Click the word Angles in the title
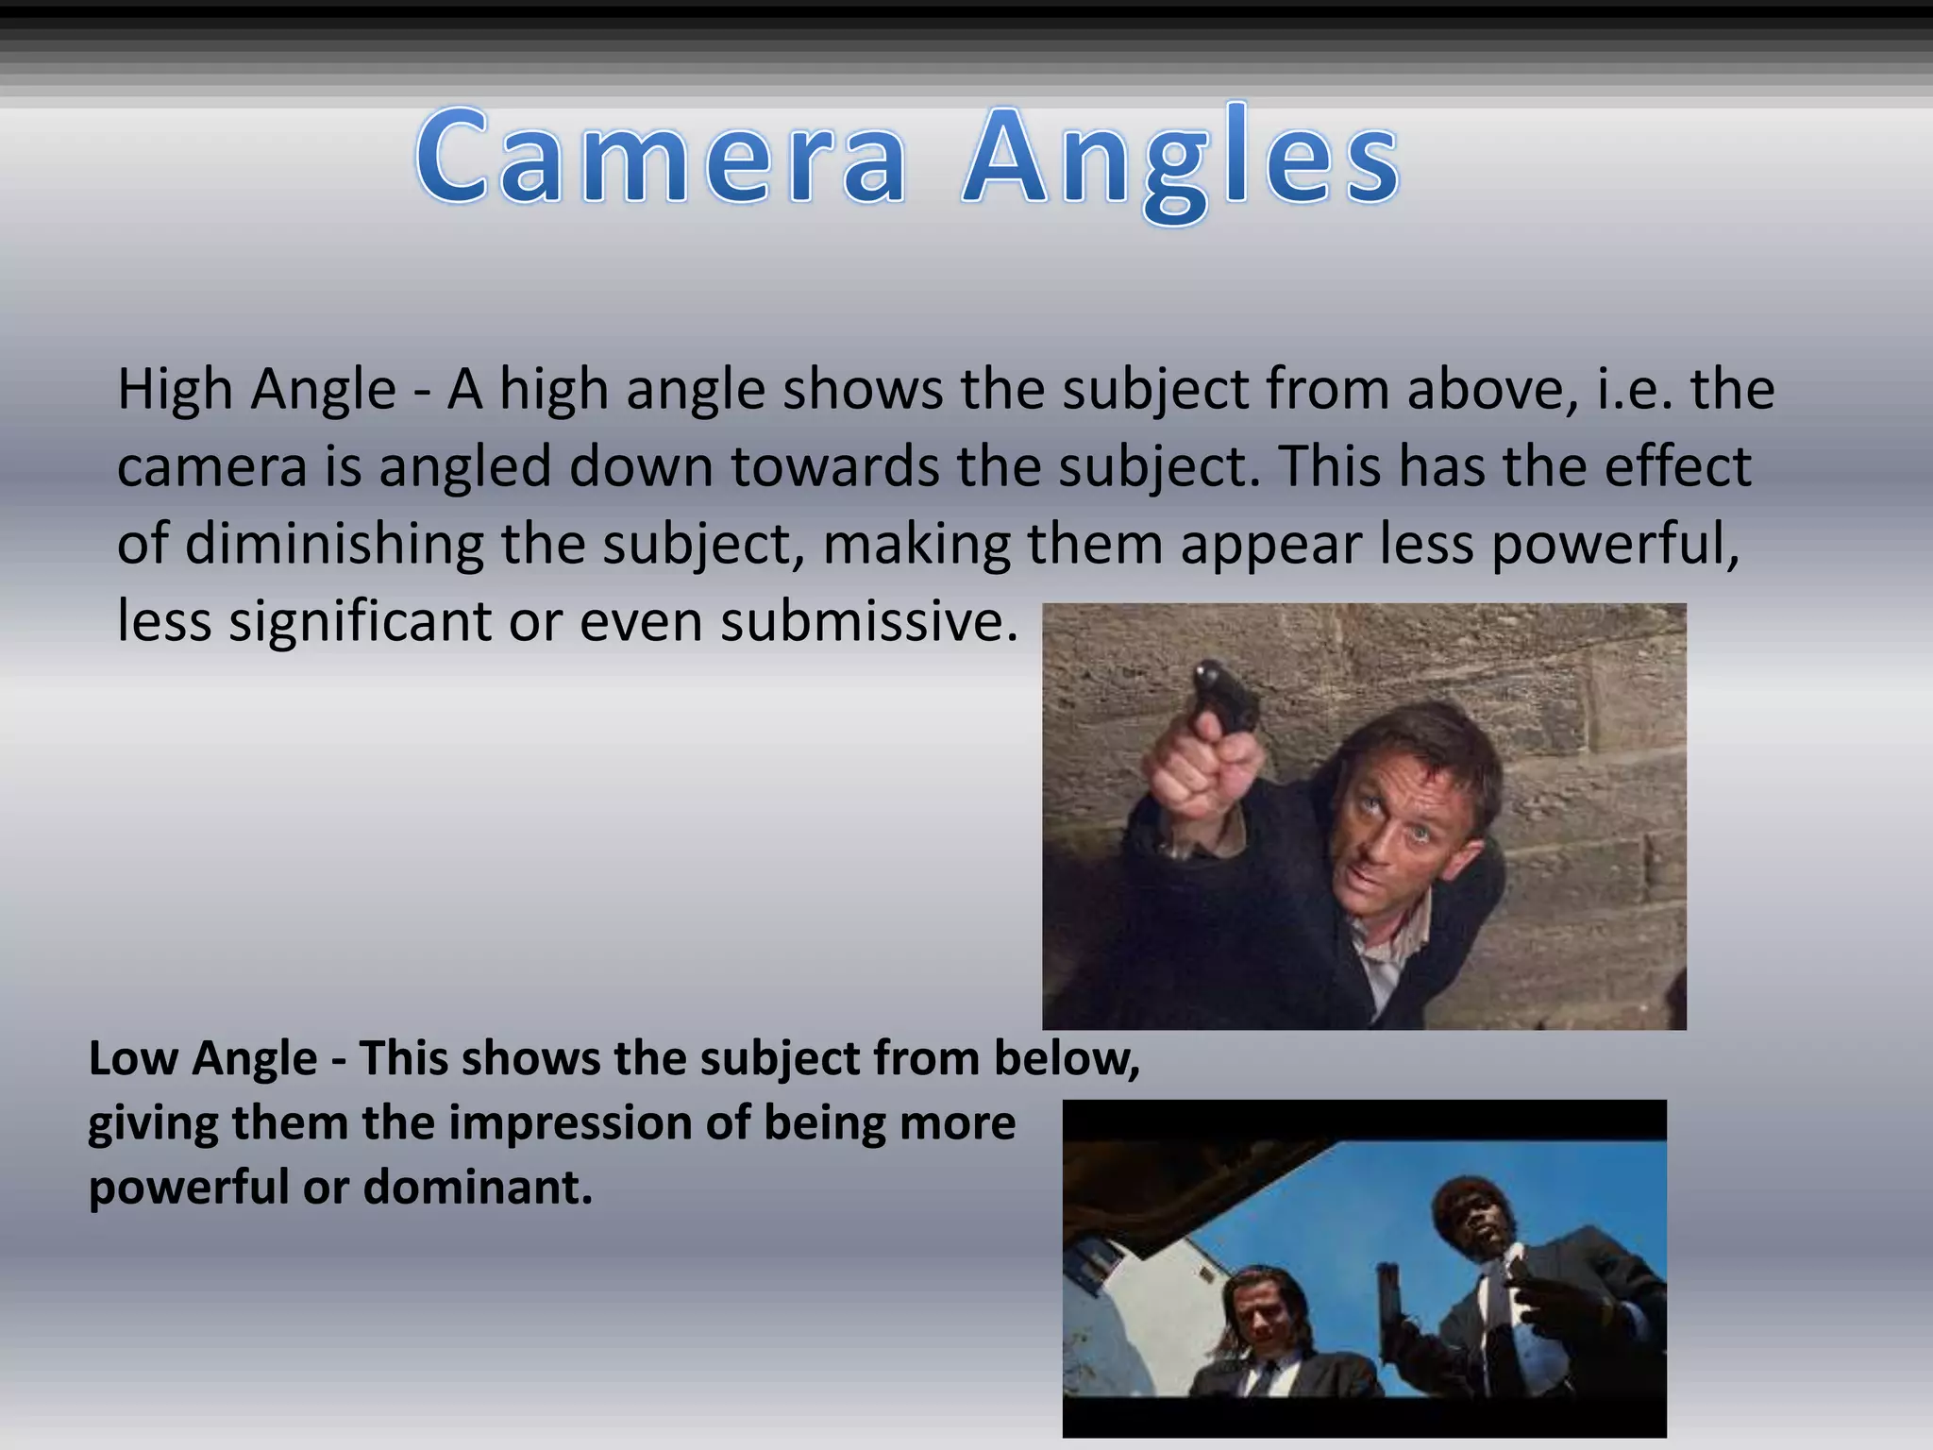1181,160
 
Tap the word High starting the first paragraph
176,389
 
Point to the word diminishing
333,545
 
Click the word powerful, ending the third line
1615,545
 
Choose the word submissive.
868,622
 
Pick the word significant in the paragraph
360,622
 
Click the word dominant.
478,1187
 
